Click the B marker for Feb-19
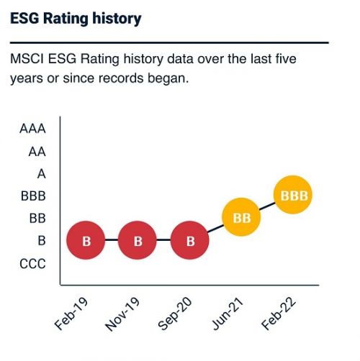tap(86, 240)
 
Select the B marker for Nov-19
tap(138, 240)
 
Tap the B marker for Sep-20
tap(189, 240)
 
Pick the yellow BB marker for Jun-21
tap(241, 217)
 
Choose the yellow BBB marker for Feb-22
tap(293, 195)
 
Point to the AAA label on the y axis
tap(32, 129)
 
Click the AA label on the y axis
tap(37, 152)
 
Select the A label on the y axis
tap(42, 174)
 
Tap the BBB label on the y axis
tap(33, 196)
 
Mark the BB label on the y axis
tap(37, 219)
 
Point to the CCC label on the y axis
tap(32, 264)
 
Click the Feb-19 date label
tap(71, 314)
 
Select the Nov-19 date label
tap(122, 314)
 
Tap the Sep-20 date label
tap(175, 314)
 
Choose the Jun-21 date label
tap(228, 314)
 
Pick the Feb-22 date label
tap(279, 314)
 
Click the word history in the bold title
tap(117, 19)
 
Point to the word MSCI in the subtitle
tap(27, 59)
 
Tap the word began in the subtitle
tap(168, 78)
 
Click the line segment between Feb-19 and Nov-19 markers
tap(112, 240)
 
